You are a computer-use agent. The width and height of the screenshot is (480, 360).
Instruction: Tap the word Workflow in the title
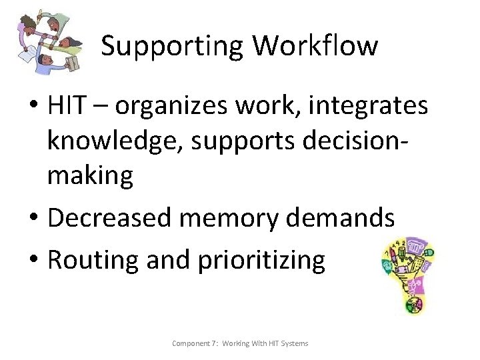315,45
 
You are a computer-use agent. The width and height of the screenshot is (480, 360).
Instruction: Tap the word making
90,176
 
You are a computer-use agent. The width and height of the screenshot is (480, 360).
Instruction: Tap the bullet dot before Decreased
35,218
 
